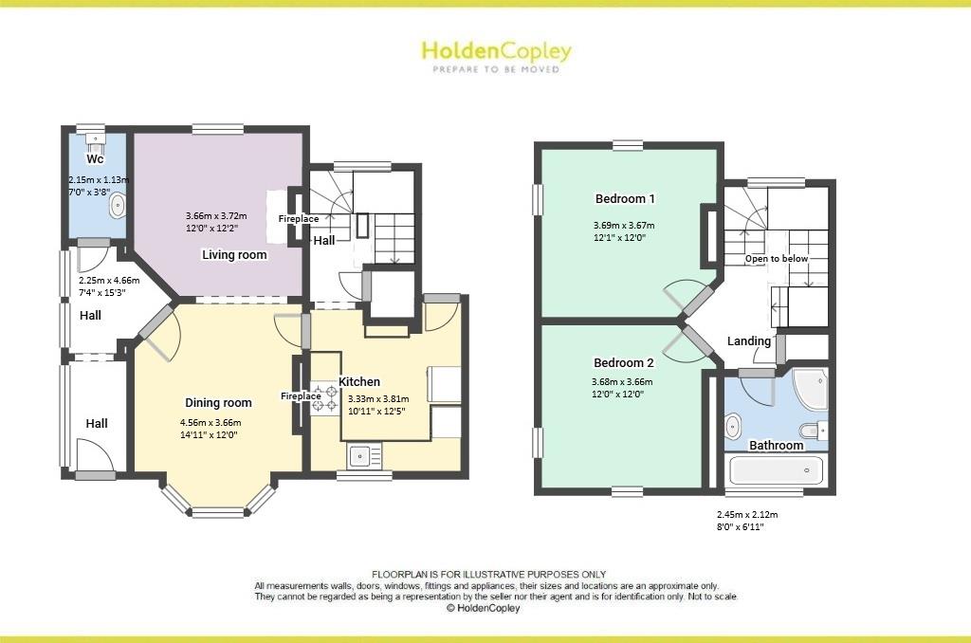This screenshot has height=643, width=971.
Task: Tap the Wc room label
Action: point(95,158)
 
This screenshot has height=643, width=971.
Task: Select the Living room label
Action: point(234,255)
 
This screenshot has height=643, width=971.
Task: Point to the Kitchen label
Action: point(359,381)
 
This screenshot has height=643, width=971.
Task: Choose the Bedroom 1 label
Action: point(625,199)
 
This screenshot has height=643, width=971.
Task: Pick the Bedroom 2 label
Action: point(623,362)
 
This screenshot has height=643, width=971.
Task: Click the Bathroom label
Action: point(777,445)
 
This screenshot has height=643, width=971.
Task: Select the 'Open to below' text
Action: point(777,259)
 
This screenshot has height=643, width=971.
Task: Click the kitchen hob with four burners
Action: point(324,397)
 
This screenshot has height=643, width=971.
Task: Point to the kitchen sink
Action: point(360,457)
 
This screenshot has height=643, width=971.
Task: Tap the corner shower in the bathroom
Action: point(809,389)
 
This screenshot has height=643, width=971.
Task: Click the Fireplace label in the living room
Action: point(298,219)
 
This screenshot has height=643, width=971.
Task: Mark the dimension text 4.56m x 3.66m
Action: point(211,423)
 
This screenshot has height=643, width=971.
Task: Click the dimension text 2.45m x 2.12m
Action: point(747,515)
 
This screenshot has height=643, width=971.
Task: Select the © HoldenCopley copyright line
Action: point(483,609)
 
